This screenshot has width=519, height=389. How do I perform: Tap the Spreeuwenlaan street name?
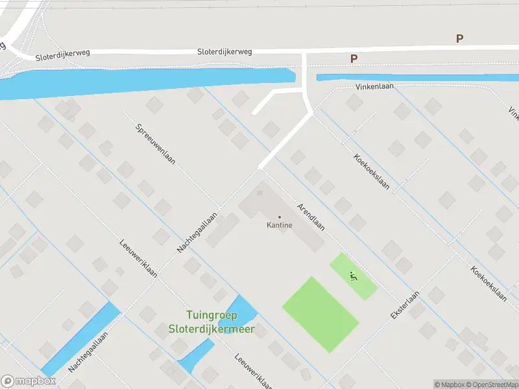[x=156, y=144]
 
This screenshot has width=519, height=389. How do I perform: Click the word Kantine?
[x=280, y=226]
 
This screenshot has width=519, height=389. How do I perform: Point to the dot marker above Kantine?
[x=280, y=217]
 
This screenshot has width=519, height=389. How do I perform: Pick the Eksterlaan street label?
[x=405, y=303]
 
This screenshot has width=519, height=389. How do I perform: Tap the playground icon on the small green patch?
[x=354, y=276]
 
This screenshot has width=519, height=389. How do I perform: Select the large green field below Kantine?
[x=320, y=314]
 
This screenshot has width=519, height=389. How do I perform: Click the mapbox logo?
[x=29, y=381]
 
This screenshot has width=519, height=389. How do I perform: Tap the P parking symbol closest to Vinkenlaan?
[x=354, y=59]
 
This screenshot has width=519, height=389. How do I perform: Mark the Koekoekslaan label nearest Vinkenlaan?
[x=372, y=171]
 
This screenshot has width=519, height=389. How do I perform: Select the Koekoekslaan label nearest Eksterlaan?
[x=489, y=284]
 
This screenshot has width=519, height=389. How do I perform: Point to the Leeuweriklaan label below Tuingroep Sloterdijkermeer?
[x=252, y=370]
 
